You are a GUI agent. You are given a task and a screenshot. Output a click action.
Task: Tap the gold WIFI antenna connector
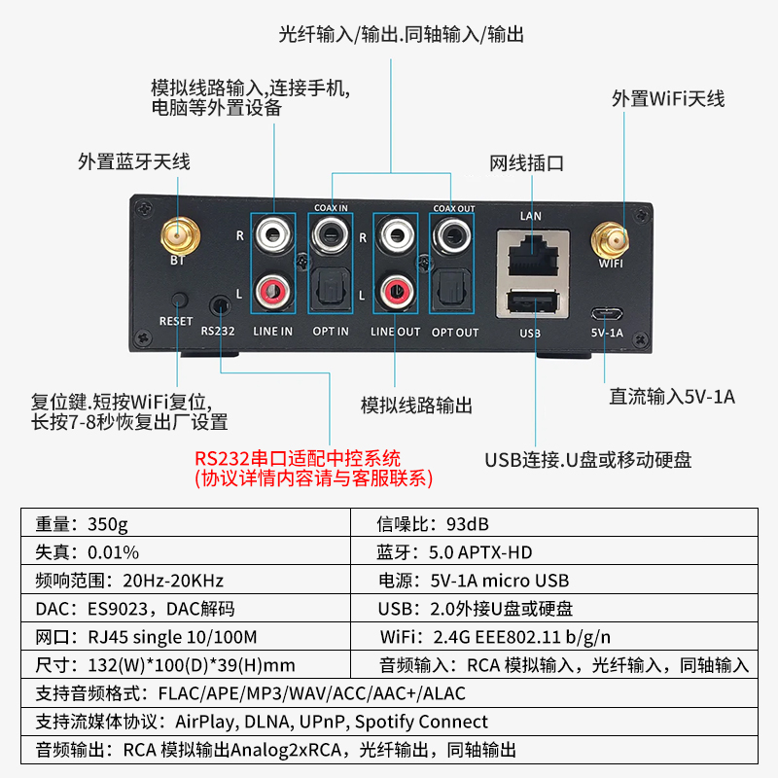point(611,237)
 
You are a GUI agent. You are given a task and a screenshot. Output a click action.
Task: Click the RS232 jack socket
point(220,304)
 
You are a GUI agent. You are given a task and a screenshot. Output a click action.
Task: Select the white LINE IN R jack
point(272,234)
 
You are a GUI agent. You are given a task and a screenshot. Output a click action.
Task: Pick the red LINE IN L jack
point(272,289)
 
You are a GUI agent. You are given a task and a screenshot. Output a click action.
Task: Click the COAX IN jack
point(331,234)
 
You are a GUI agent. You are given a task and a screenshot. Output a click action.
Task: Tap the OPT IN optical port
point(331,290)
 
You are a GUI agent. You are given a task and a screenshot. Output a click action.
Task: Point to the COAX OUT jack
point(451,233)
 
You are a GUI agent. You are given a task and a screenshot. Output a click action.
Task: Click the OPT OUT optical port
point(452,289)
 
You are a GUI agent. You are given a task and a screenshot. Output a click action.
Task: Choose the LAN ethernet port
point(530,254)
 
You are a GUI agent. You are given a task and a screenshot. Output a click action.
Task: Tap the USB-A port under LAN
point(530,302)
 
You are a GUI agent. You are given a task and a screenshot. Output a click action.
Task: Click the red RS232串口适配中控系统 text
point(298,457)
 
